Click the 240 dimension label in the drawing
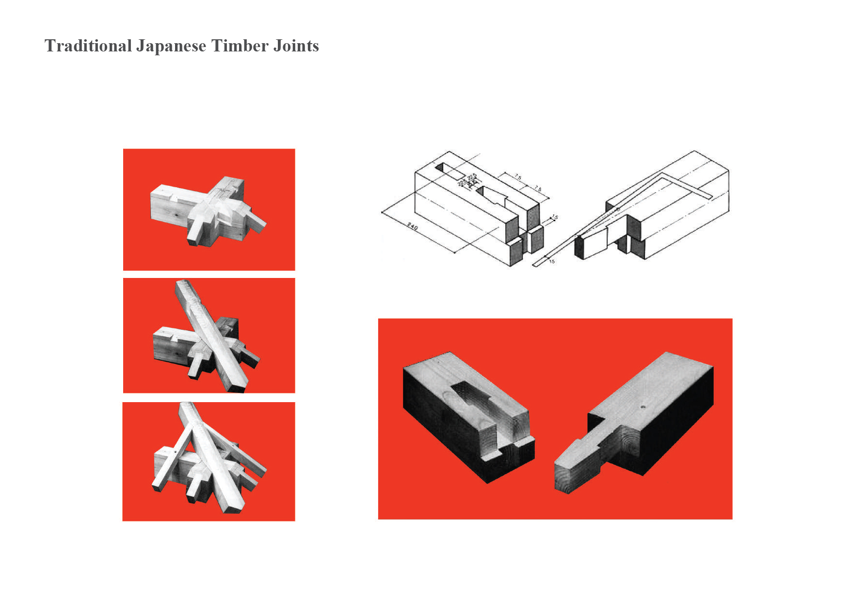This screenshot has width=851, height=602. pos(412,227)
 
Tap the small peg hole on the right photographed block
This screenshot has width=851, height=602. pos(642,407)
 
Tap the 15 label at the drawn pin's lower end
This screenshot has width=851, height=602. pos(552,261)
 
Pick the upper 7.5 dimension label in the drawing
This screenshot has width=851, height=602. pos(518,178)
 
